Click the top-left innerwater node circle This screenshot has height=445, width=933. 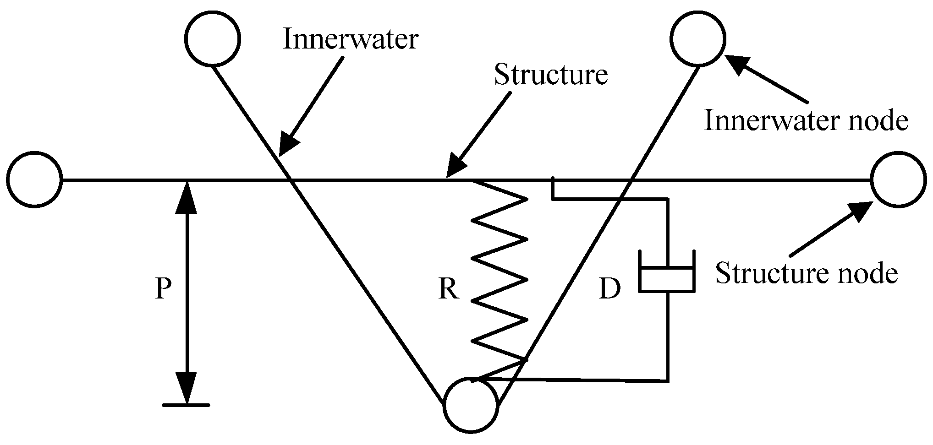coord(213,39)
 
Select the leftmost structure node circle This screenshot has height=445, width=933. coord(34,179)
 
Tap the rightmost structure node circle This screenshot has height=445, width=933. coord(898,179)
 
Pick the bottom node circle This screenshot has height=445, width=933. coord(471,404)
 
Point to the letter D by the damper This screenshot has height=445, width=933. coord(609,289)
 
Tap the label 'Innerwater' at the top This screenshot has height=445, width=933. coord(350,39)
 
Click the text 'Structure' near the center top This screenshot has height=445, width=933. coord(550,75)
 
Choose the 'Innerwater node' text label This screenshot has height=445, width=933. coord(806,121)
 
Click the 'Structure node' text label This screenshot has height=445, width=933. coord(806,273)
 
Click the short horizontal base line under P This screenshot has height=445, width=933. coord(186,405)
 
